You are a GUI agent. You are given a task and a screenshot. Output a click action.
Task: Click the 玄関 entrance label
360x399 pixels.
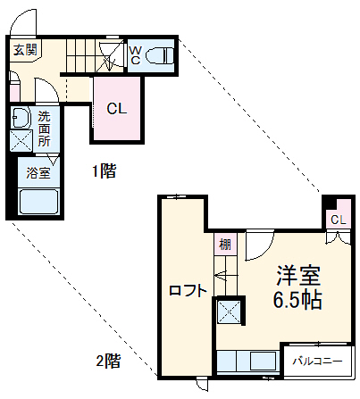coord(25,50)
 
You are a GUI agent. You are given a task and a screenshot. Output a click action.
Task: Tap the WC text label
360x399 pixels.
coord(134,55)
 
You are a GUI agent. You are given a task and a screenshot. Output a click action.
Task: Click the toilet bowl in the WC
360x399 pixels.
coord(158,56)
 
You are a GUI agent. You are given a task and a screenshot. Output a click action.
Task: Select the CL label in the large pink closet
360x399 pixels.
coord(117,110)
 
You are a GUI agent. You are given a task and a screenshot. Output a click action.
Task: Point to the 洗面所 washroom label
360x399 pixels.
coord(44,129)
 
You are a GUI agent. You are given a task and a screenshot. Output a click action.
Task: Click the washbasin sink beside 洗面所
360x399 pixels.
coord(20,117)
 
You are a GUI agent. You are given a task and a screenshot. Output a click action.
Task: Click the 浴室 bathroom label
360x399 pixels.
coord(38,173)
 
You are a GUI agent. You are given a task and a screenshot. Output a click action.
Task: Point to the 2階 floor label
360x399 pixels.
coord(108,362)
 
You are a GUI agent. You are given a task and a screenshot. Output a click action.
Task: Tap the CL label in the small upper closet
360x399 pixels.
coord(337,220)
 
